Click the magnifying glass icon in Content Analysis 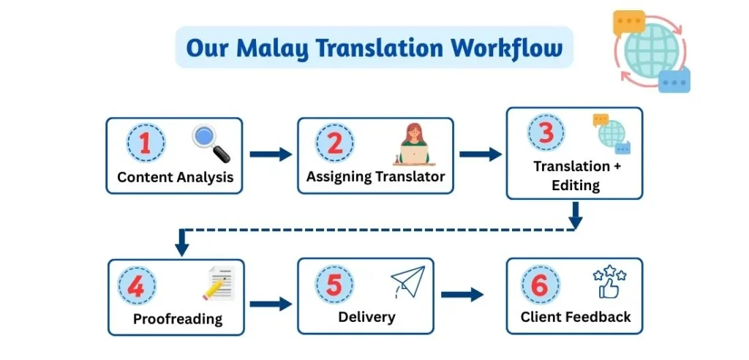pos(211,144)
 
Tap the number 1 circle pos(145,143)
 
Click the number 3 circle pos(546,134)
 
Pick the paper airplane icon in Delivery pos(407,282)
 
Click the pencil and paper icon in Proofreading pos(218,285)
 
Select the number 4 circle pos(136,286)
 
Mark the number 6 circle pos(540,285)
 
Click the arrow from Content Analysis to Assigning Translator pos(270,154)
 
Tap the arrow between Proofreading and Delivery pos(270,304)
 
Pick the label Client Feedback pos(575,317)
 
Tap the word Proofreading pos(178,320)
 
